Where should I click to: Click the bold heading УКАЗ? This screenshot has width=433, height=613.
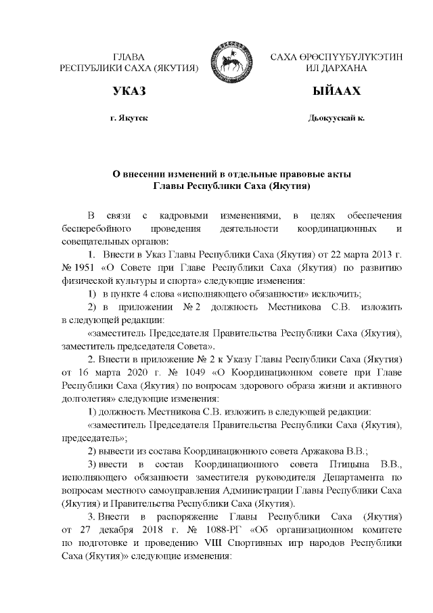coord(129,91)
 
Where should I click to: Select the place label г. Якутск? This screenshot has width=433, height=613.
coord(129,118)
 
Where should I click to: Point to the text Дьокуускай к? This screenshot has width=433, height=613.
coord(336,118)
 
